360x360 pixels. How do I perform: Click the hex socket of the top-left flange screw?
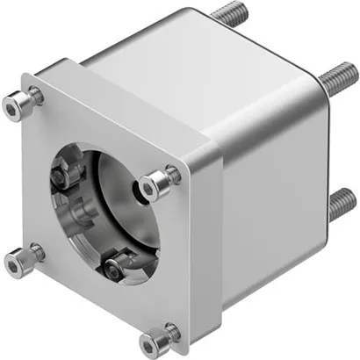[16, 106]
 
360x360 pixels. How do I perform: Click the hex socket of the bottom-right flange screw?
[155, 338]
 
